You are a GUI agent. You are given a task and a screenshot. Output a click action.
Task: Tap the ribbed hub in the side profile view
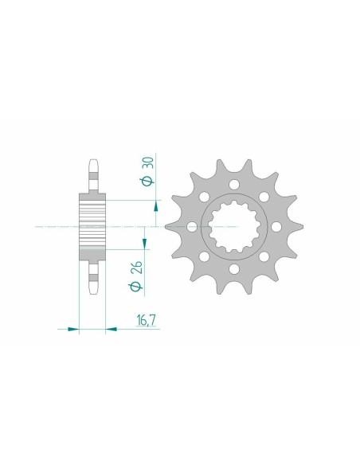pyautogui.click(x=92, y=227)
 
